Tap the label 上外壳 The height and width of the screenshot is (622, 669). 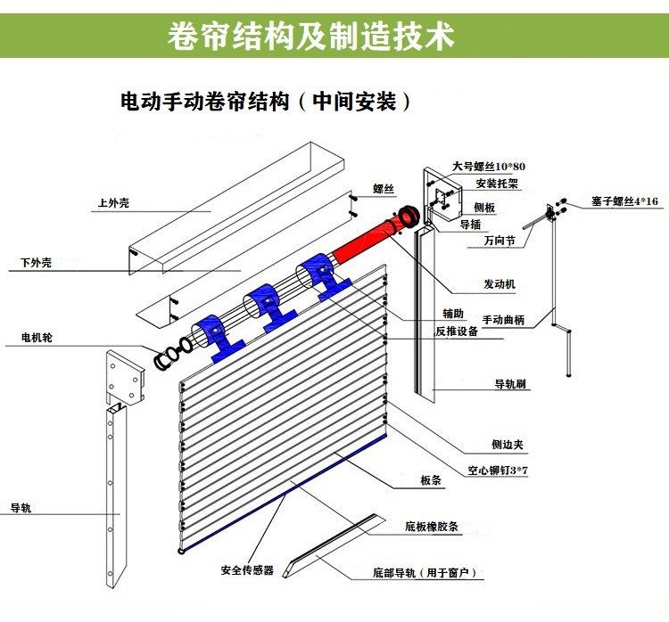(x=113, y=203)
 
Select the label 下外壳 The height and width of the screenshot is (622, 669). (x=36, y=263)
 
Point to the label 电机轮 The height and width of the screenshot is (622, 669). (x=37, y=338)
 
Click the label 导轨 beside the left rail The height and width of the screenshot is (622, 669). (x=21, y=508)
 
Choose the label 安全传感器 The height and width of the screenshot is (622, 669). (x=247, y=570)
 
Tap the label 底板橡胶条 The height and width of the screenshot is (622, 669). (x=432, y=527)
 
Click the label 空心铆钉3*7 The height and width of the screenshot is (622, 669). (x=498, y=471)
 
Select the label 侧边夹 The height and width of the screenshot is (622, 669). (x=508, y=445)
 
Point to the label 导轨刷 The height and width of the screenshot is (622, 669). (x=510, y=384)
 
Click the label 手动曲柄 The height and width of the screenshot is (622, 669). (x=503, y=320)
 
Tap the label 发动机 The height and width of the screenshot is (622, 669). (x=500, y=284)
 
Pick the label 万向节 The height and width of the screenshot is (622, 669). (x=500, y=241)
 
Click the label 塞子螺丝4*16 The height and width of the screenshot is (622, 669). (x=624, y=201)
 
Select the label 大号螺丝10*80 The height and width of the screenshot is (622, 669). (x=489, y=167)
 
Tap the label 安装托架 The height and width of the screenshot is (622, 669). (x=497, y=184)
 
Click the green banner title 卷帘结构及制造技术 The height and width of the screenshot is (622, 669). (x=310, y=36)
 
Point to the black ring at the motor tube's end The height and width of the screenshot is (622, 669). (x=409, y=217)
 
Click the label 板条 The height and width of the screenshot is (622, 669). (x=431, y=480)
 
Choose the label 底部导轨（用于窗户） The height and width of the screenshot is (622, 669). (x=425, y=573)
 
